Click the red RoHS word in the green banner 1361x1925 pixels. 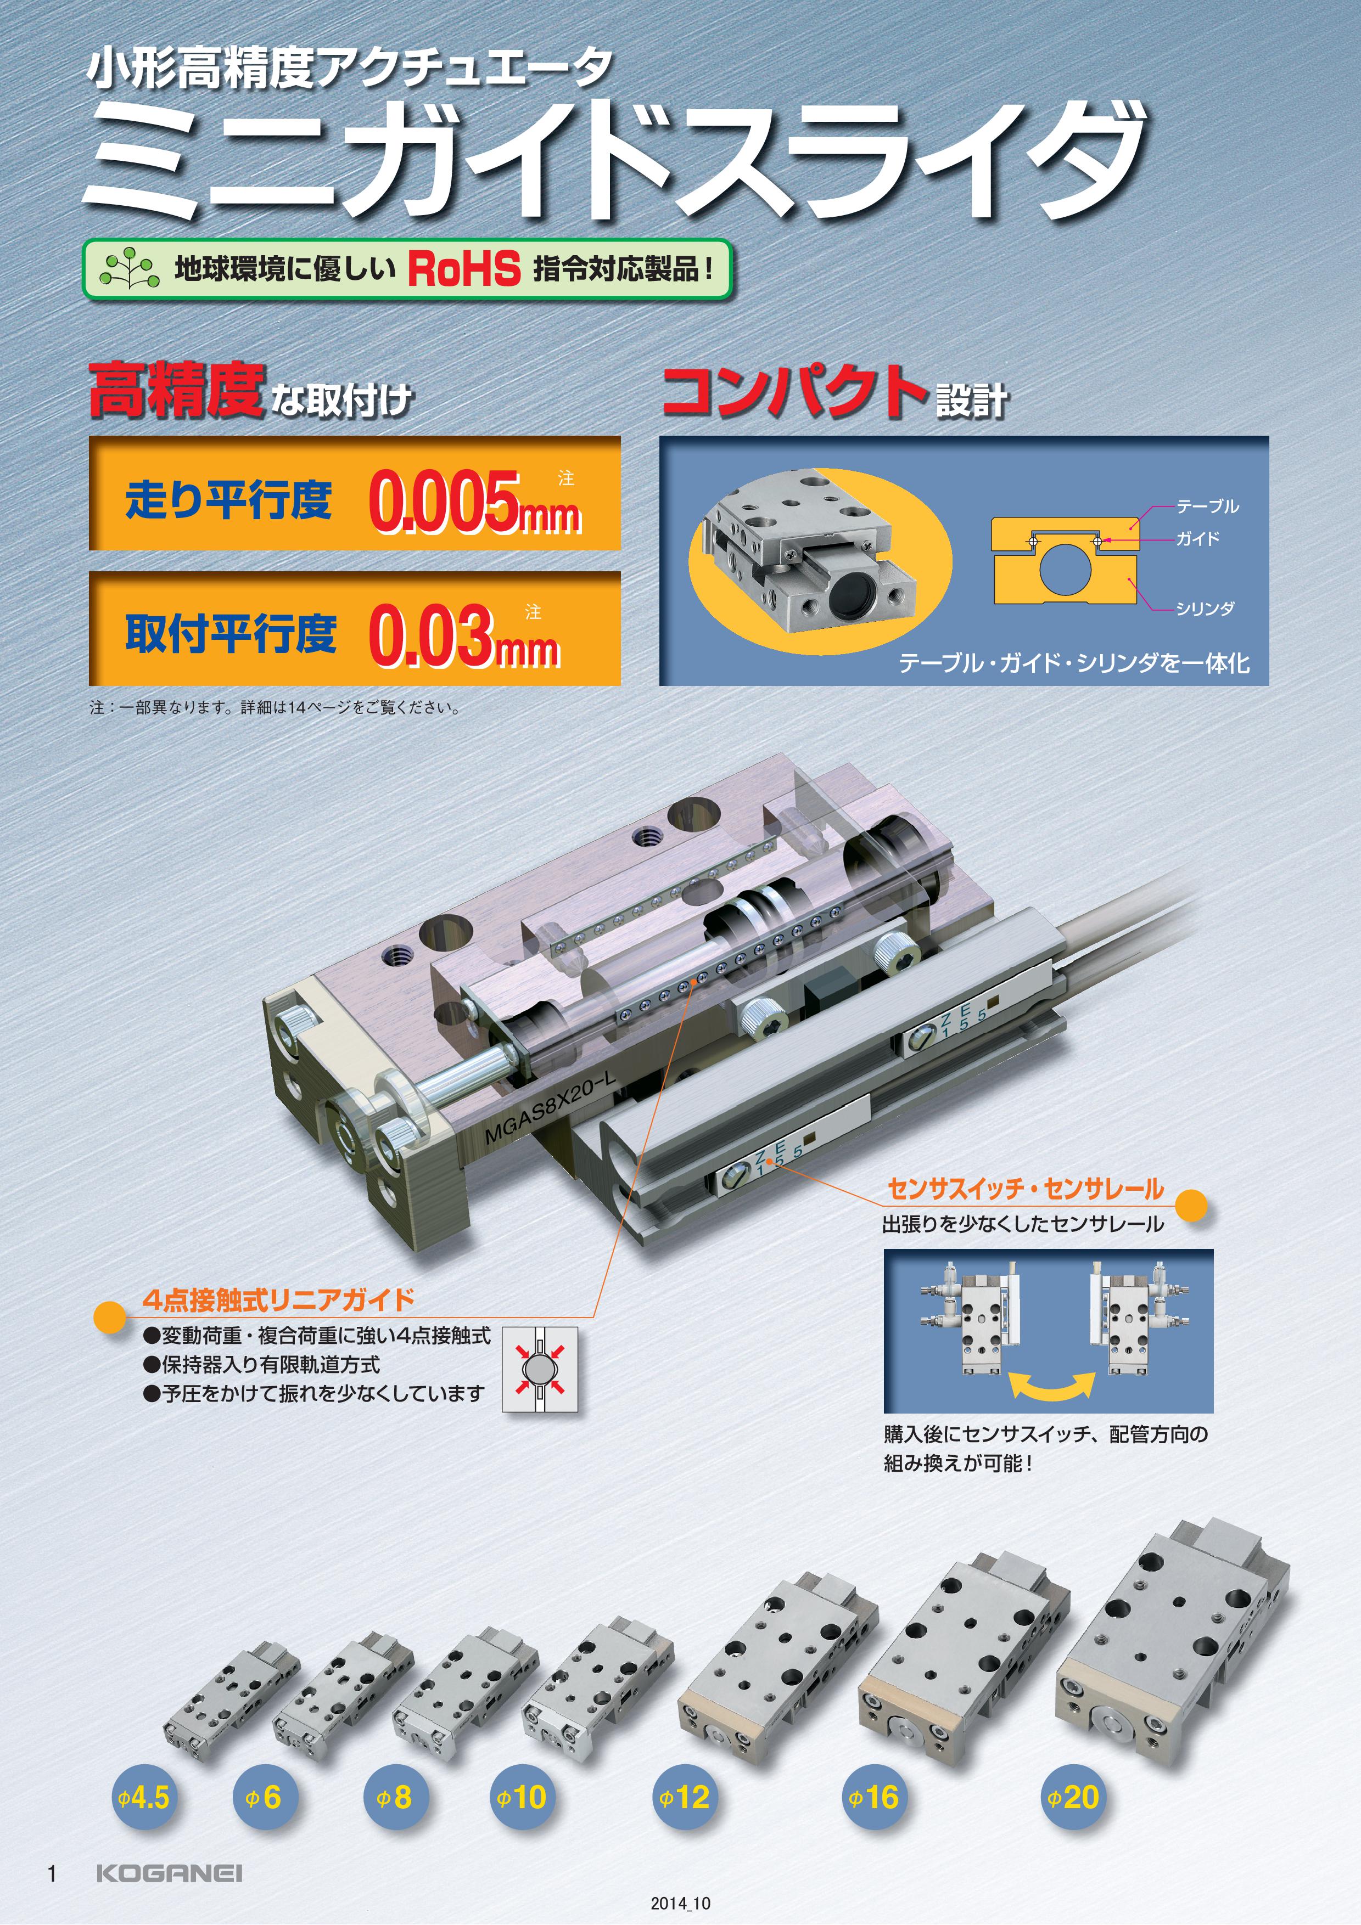click(x=464, y=269)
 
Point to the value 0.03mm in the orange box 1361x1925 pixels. click(x=464, y=635)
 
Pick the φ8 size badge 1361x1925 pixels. click(x=396, y=1797)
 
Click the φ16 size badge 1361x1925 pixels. click(x=875, y=1797)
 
